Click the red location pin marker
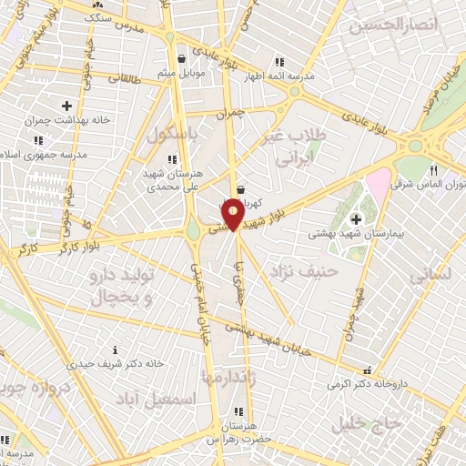tap(234, 213)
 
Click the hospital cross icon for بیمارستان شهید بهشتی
tap(355, 218)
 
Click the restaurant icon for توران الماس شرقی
tap(434, 169)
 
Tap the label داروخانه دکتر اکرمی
tap(366, 383)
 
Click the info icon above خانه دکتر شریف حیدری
tap(115, 349)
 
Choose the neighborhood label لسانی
tap(426, 272)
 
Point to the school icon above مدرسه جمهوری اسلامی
tap(37, 141)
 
